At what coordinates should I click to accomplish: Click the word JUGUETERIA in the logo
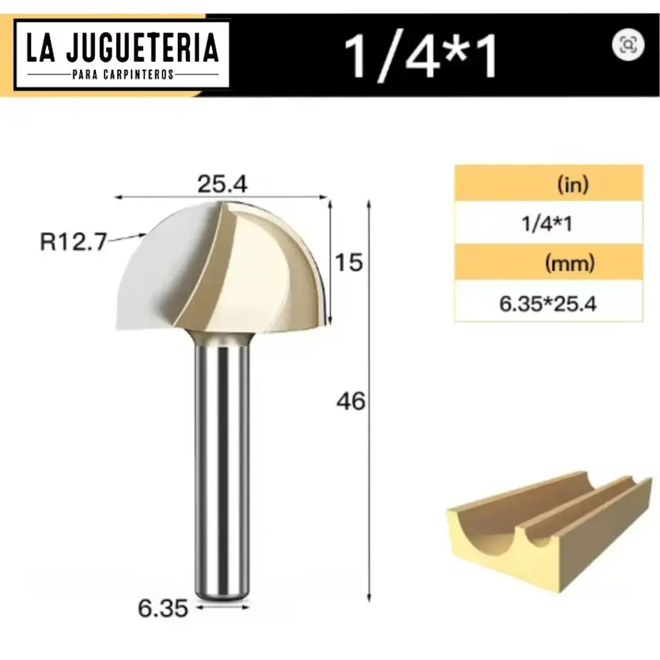142,48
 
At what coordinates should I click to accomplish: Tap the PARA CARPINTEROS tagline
122,74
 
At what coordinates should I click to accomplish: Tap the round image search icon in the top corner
628,44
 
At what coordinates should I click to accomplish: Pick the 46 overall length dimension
351,402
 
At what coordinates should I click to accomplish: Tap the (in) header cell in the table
573,186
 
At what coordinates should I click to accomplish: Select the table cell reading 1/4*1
547,224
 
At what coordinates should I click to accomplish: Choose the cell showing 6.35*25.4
548,302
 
